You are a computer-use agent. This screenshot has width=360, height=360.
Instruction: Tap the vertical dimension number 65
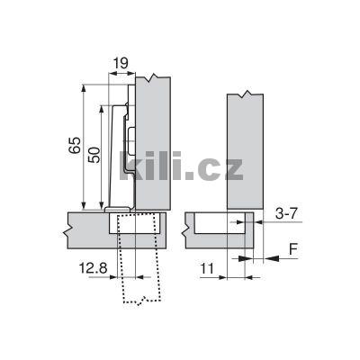76,146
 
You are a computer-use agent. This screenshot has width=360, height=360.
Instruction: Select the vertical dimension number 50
94,155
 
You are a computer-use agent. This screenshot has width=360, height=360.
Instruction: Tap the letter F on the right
292,249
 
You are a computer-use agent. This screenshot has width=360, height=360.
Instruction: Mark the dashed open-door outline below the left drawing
135,270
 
